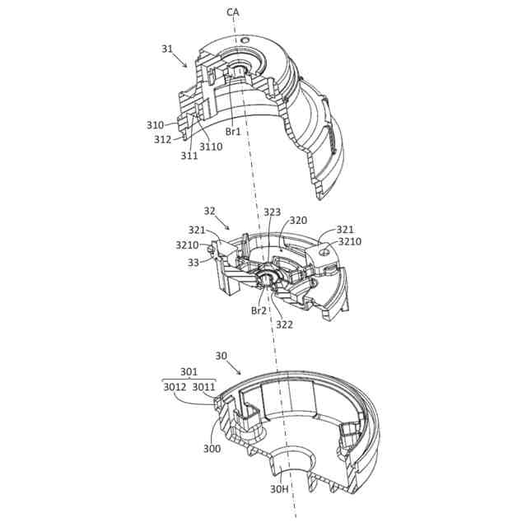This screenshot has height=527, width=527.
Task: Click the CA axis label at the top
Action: pyautogui.click(x=232, y=13)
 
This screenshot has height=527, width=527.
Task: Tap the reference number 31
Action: pyautogui.click(x=167, y=49)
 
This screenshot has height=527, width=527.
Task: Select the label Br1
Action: pyautogui.click(x=233, y=132)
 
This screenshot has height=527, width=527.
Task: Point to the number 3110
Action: pyautogui.click(x=211, y=147)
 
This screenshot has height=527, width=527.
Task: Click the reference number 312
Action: pyautogui.click(x=163, y=139)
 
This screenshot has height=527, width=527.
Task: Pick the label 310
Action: pyautogui.click(x=155, y=125)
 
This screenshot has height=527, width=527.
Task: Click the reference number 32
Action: pyautogui.click(x=209, y=211)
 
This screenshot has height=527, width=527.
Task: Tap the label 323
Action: pyautogui.click(x=272, y=212)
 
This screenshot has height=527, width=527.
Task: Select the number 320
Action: pyautogui.click(x=298, y=221)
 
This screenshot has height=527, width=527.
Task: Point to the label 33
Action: pyautogui.click(x=194, y=263)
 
